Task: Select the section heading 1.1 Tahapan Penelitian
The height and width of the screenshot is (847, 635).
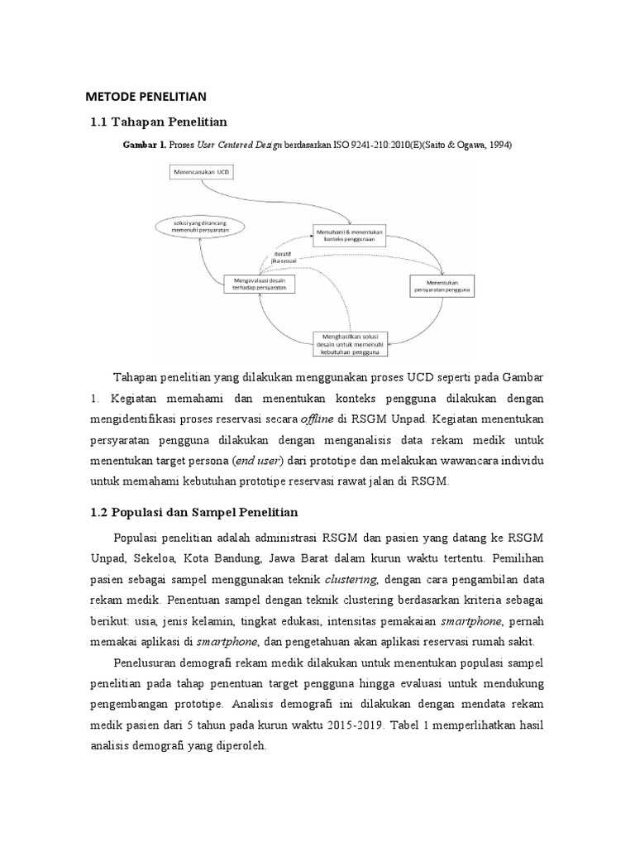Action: [158, 122]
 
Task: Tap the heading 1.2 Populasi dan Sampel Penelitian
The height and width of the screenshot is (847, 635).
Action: [193, 512]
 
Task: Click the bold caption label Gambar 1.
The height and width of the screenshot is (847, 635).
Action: [145, 145]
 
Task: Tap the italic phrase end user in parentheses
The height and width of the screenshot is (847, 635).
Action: [257, 460]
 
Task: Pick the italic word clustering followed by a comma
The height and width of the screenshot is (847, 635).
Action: [351, 577]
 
